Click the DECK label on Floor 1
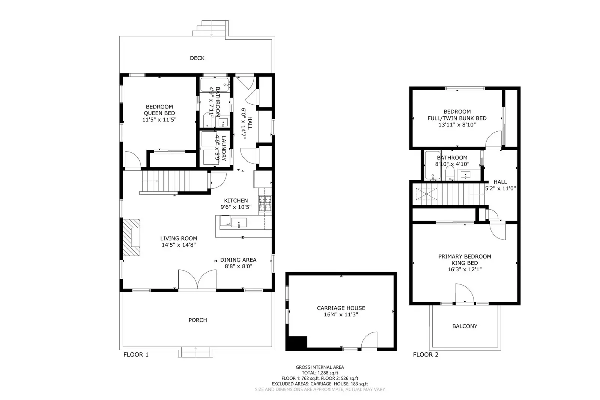click(x=197, y=58)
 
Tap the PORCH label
click(x=198, y=320)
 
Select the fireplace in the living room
click(x=132, y=238)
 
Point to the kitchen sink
click(x=239, y=223)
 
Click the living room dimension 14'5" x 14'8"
click(x=179, y=245)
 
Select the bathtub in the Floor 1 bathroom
click(x=214, y=85)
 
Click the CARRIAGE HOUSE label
click(x=341, y=308)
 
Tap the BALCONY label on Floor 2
click(x=465, y=326)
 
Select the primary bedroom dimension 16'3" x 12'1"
click(x=465, y=269)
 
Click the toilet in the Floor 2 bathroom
click(x=450, y=173)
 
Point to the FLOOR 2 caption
click(x=426, y=355)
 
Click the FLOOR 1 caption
click(x=136, y=355)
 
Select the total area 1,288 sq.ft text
click(x=320, y=373)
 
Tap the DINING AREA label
click(x=238, y=260)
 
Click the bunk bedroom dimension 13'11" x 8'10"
click(x=457, y=125)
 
